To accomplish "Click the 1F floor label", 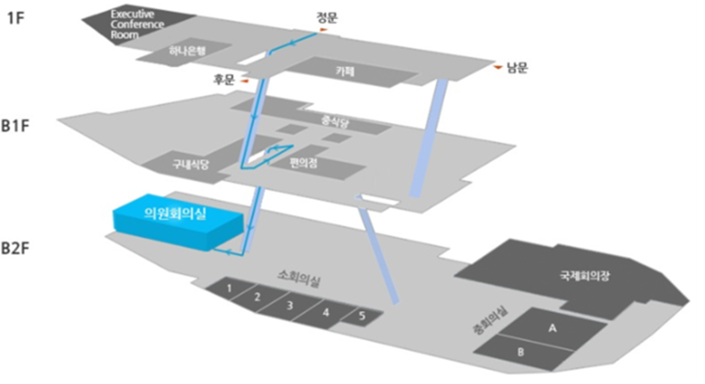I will click(x=16, y=18).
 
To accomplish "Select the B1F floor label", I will click(x=18, y=127).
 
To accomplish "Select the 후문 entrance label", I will click(x=225, y=79).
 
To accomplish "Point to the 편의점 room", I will click(x=306, y=161).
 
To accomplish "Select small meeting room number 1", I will click(x=229, y=287).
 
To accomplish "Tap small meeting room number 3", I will click(x=290, y=305).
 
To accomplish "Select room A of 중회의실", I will click(x=551, y=329).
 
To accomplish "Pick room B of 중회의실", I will click(x=520, y=352).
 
